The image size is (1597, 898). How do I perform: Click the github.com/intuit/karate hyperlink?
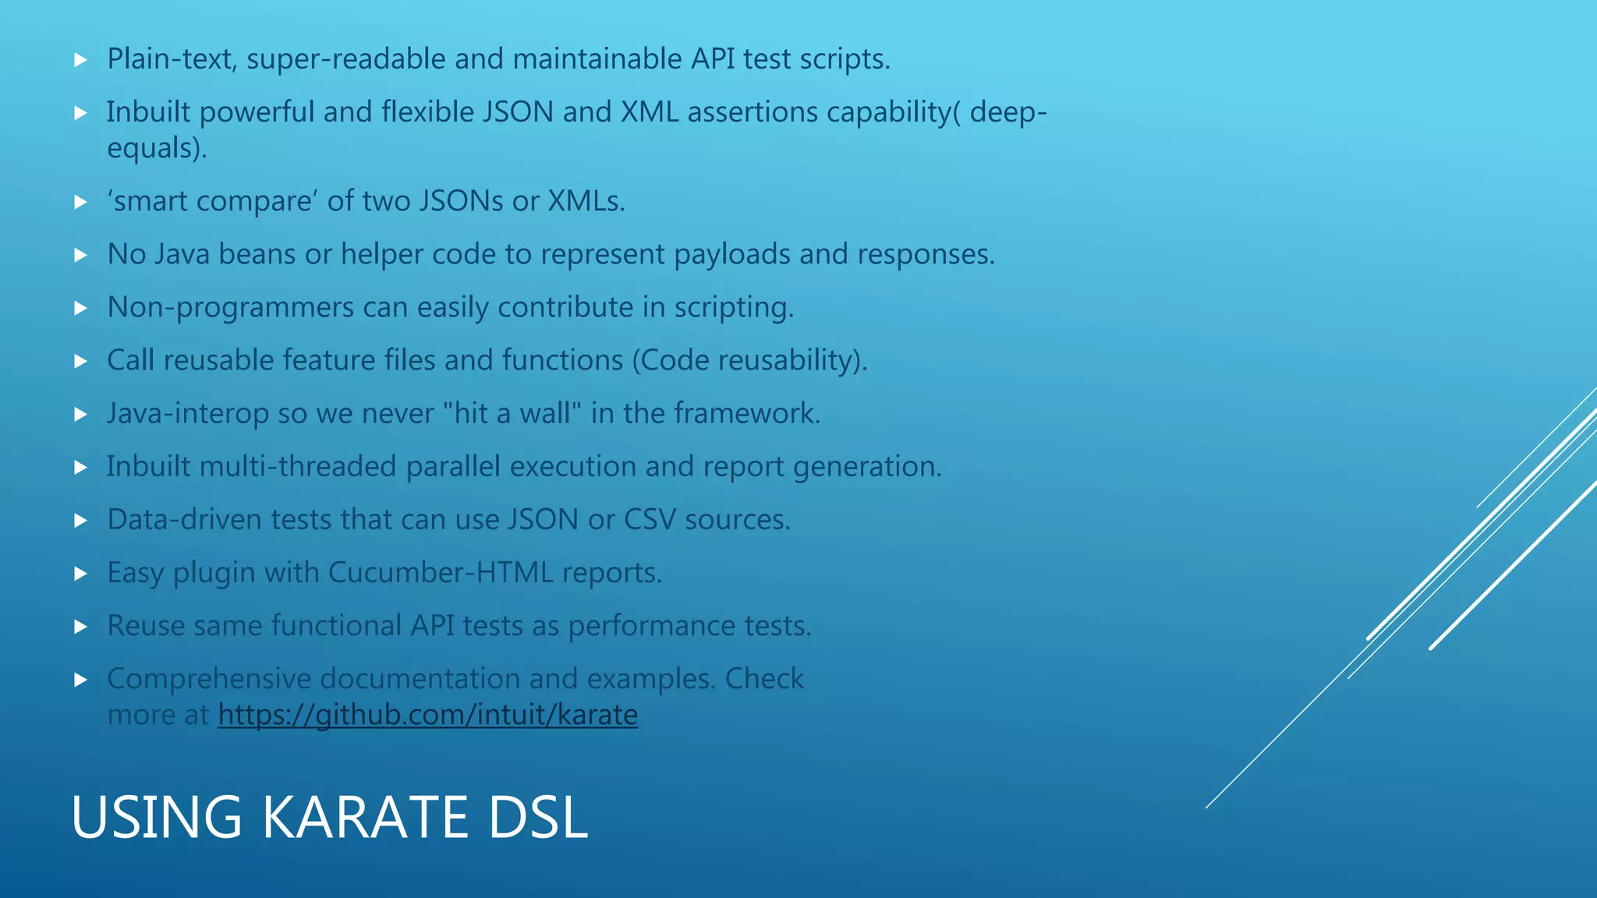click(427, 714)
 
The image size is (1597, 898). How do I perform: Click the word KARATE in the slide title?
click(366, 817)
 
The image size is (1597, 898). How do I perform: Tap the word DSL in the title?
click(537, 817)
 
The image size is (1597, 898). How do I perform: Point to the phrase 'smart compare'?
click(211, 201)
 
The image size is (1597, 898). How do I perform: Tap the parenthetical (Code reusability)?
click(749, 360)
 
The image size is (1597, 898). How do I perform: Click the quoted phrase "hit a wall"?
click(512, 413)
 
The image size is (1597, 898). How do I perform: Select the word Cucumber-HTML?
click(441, 572)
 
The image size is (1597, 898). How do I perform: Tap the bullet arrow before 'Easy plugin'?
click(80, 574)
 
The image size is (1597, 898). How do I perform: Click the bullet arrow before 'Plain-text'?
click(80, 60)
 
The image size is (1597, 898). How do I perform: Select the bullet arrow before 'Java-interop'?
click(80, 415)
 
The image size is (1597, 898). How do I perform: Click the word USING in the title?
click(157, 817)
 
